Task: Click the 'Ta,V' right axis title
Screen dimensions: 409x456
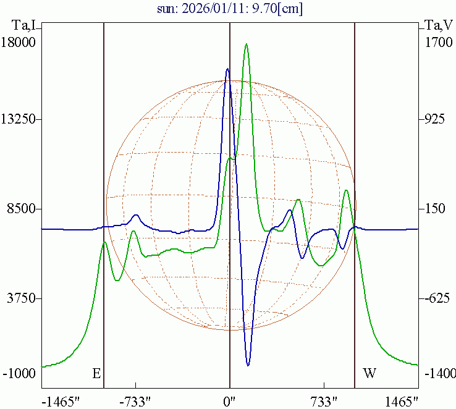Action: pos(439,25)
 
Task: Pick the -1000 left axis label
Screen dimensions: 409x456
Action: pos(20,374)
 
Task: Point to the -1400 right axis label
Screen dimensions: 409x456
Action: pos(439,374)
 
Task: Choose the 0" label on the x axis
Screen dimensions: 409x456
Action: pos(230,401)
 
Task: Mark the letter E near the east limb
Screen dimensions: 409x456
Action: pos(96,373)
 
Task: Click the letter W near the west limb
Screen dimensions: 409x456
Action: pos(369,373)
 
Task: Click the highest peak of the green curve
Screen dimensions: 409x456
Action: pos(247,44)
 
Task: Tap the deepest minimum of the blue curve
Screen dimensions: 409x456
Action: pos(248,365)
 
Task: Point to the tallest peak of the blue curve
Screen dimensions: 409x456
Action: pos(227,69)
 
